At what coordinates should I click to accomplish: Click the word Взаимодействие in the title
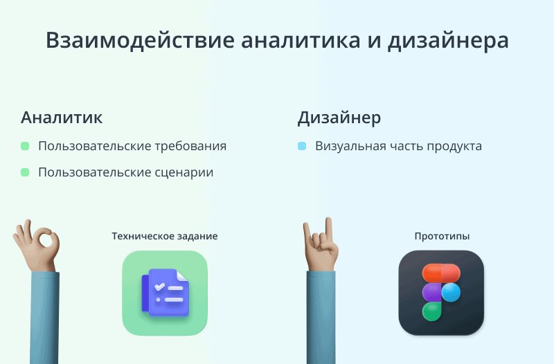141,40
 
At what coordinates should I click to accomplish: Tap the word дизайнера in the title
448,41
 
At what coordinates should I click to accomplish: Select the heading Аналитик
62,117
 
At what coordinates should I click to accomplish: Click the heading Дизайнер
339,118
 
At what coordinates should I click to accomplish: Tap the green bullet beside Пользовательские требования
25,146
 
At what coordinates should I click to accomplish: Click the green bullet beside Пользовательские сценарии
25,172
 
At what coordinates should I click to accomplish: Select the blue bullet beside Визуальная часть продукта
302,146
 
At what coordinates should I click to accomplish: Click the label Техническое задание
165,236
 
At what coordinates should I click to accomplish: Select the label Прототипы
442,236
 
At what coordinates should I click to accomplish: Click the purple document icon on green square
166,292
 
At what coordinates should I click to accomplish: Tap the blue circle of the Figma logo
451,292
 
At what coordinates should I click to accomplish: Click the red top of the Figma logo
441,273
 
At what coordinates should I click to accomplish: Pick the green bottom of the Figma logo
431,311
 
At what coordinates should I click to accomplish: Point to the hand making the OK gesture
37,246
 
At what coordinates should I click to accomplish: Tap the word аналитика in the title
301,40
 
